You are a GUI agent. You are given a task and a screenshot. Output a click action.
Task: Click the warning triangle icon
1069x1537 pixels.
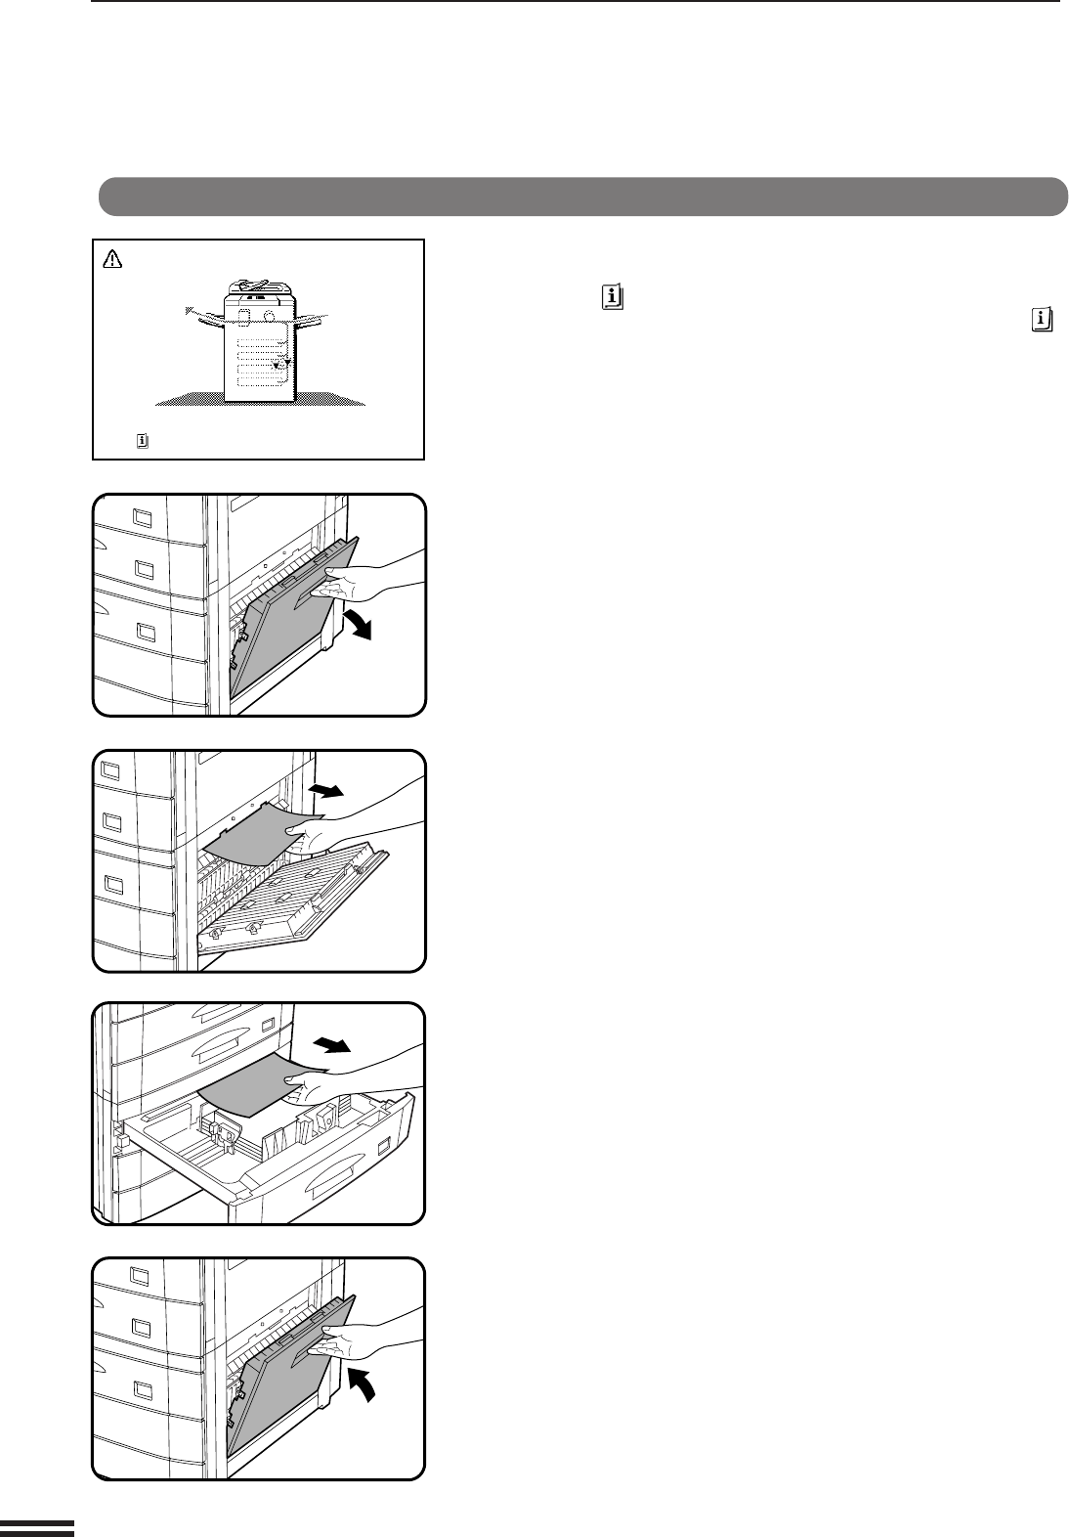pos(111,259)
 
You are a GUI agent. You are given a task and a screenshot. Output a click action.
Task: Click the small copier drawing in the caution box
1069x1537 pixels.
pos(258,352)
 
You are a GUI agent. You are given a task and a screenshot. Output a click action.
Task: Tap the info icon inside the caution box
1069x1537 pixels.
pos(142,442)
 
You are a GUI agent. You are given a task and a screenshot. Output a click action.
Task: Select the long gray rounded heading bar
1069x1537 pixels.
pos(582,196)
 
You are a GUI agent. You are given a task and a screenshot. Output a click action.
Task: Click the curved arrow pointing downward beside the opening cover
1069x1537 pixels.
pos(358,622)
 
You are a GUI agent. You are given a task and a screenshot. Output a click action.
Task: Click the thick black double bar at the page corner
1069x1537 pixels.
pos(36,1528)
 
